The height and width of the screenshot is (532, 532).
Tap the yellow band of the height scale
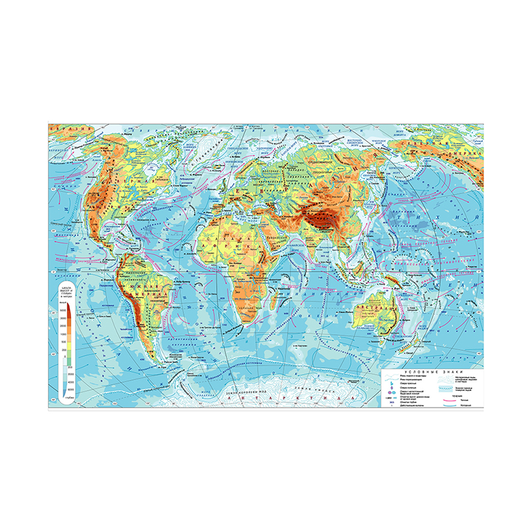pos(69,346)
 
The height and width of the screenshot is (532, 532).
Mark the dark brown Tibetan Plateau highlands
pos(319,216)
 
